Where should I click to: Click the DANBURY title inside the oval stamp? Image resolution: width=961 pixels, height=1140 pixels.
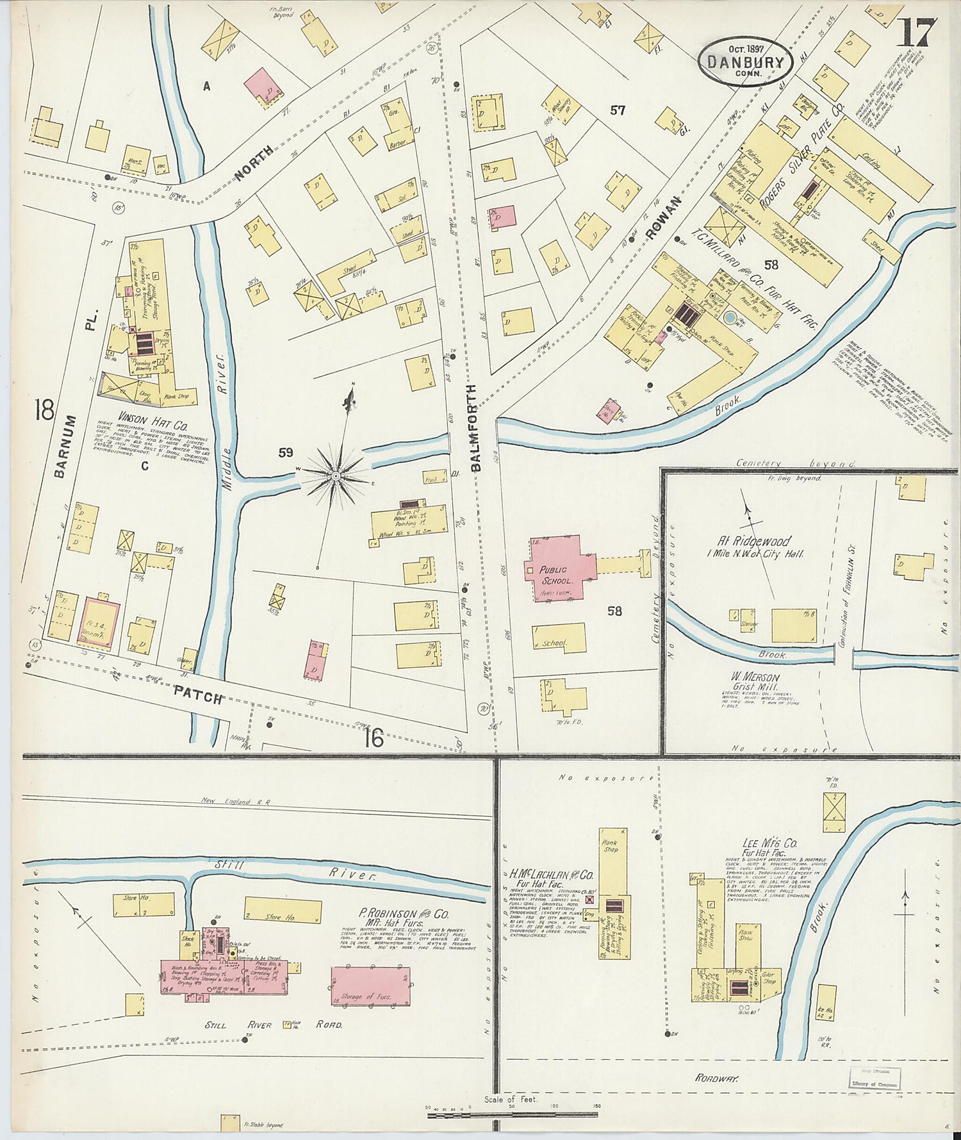click(745, 63)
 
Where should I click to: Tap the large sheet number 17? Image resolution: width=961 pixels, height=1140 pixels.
click(917, 31)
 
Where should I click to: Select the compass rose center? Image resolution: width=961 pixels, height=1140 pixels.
click(335, 476)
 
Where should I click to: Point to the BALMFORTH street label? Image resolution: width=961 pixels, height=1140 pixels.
click(475, 428)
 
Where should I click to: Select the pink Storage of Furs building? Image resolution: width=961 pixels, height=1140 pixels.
click(370, 985)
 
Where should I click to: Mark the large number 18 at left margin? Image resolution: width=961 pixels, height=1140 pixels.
click(45, 409)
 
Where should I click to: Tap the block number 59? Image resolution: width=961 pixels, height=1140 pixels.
click(286, 453)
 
